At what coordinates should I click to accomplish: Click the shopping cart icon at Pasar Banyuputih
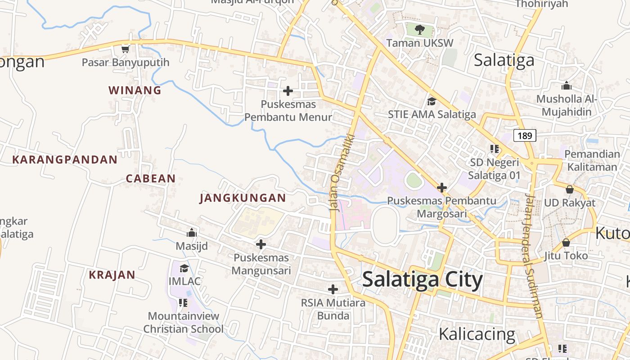126,49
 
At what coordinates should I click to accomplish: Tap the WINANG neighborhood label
135,90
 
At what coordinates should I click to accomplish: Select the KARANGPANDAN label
65,159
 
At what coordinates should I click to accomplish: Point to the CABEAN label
151,178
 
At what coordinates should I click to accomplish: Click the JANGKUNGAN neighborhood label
243,198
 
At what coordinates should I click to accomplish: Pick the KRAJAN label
112,275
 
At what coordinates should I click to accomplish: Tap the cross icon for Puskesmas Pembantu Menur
288,91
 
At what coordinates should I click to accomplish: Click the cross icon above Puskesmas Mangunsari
261,245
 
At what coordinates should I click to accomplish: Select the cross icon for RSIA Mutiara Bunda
333,289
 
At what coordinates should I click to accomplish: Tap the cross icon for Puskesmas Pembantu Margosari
442,187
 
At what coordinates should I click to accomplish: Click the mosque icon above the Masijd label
192,233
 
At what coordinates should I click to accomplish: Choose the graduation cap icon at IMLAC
184,269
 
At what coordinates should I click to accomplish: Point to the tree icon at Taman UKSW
420,30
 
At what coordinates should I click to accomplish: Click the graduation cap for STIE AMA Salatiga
432,101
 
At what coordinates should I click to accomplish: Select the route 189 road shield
525,135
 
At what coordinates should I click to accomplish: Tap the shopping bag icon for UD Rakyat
570,189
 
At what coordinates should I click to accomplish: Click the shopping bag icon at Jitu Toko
566,243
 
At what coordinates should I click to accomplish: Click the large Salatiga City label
422,279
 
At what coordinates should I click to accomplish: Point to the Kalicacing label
477,334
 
